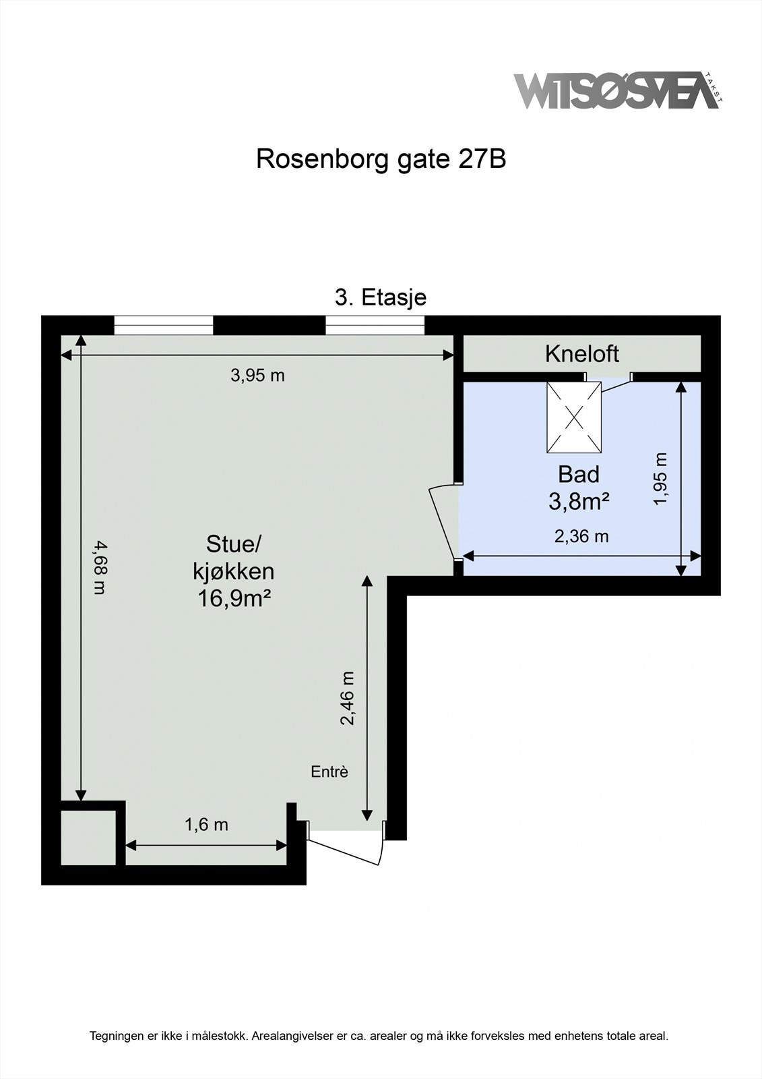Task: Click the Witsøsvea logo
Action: tap(616, 90)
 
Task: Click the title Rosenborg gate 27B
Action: tap(381, 160)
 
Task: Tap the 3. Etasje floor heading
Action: tap(381, 297)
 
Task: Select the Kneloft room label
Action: tap(581, 353)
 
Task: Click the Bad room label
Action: tap(579, 475)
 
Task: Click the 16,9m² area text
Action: tap(234, 598)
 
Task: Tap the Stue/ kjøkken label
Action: tap(233, 558)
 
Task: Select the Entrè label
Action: tap(329, 771)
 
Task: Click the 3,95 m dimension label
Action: tap(257, 376)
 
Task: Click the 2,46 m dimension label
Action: tap(347, 698)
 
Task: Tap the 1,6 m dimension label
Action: tap(206, 824)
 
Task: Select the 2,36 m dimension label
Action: tap(581, 536)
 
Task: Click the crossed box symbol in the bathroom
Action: tap(573, 417)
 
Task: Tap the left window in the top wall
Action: tap(163, 326)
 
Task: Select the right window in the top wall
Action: tap(375, 326)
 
